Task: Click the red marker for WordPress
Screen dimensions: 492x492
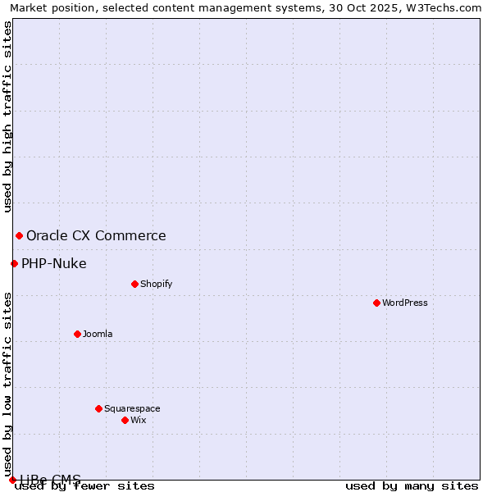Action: (x=376, y=303)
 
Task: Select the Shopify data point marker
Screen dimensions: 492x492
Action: (x=134, y=284)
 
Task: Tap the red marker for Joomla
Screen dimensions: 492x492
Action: (x=77, y=334)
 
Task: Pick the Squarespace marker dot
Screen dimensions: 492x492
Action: (x=98, y=408)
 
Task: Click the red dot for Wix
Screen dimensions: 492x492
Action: (x=125, y=420)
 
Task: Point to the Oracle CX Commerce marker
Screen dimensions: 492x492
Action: (x=19, y=235)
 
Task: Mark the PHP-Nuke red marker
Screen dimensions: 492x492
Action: (x=14, y=263)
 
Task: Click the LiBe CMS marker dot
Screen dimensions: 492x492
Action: (x=12, y=480)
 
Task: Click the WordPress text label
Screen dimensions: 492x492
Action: (x=405, y=303)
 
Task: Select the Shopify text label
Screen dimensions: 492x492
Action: (x=156, y=284)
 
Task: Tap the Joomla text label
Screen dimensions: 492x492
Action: (x=98, y=334)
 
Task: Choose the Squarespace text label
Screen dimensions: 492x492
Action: (x=132, y=408)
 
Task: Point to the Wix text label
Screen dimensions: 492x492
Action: (x=138, y=420)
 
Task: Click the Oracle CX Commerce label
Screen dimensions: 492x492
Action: (x=96, y=235)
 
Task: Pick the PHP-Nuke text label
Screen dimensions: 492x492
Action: (x=54, y=263)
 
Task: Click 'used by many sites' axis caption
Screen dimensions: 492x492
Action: (x=412, y=486)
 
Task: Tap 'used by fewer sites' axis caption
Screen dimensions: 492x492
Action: (x=85, y=486)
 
